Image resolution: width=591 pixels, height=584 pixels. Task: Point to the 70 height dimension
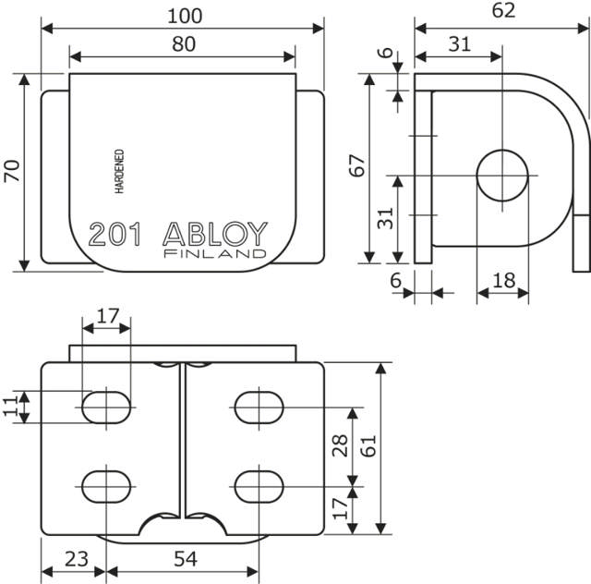[x=12, y=171]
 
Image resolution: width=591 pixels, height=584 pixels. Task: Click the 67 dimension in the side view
[x=358, y=166]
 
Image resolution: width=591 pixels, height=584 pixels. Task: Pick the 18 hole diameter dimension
[x=504, y=281]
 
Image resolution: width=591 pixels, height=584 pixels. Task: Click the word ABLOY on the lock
[x=214, y=233]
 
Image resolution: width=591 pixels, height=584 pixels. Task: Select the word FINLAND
[x=214, y=253]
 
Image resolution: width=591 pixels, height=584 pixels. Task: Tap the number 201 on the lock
[x=115, y=234]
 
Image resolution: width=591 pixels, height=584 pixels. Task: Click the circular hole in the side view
[x=503, y=174]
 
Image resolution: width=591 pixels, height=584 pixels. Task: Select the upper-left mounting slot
[x=107, y=407]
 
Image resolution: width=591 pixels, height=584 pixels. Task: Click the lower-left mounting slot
[x=107, y=484]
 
